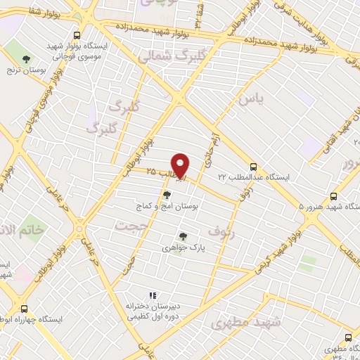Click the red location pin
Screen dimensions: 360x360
(181, 165)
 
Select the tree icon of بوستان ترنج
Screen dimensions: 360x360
(27, 58)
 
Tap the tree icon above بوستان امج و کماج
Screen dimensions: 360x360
(167, 195)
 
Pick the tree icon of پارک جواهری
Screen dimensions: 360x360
(183, 237)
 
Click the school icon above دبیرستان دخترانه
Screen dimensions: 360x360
(150, 296)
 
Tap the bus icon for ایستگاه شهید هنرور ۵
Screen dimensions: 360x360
(334, 197)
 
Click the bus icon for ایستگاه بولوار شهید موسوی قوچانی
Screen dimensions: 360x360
(77, 34)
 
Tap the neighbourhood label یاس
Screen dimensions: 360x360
(252, 101)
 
